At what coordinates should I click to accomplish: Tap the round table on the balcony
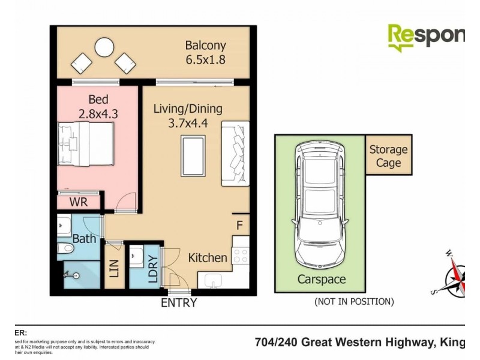point(104,47)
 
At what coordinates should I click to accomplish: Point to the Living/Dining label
point(188,109)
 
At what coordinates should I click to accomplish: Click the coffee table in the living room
point(194,154)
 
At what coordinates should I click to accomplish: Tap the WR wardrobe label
point(79,202)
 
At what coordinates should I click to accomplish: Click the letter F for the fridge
point(239,226)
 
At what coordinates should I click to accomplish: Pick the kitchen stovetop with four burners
point(240,256)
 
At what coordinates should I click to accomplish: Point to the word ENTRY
point(179,303)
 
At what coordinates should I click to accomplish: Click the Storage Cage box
point(388,155)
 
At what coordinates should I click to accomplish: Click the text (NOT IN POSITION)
point(354,302)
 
